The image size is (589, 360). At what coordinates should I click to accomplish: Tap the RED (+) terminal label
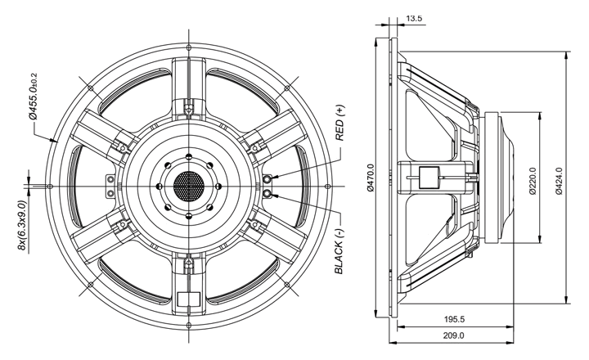coord(339,122)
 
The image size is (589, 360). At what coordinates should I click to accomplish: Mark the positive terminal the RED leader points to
coord(268,178)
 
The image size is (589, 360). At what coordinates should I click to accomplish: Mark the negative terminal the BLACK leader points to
coord(268,193)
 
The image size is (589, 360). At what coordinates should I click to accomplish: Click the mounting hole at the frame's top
coord(188,46)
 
